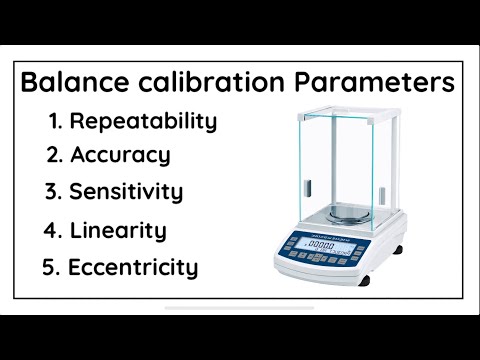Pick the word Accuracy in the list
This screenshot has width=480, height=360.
[120, 155]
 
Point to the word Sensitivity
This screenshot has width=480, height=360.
[126, 190]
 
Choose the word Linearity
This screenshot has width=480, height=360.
[118, 231]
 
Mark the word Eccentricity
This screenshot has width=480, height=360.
[133, 267]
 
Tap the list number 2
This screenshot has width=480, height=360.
[53, 155]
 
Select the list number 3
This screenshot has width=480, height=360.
[53, 190]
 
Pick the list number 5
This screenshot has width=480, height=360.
[53, 267]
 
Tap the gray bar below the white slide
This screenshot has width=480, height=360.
[239, 308]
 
